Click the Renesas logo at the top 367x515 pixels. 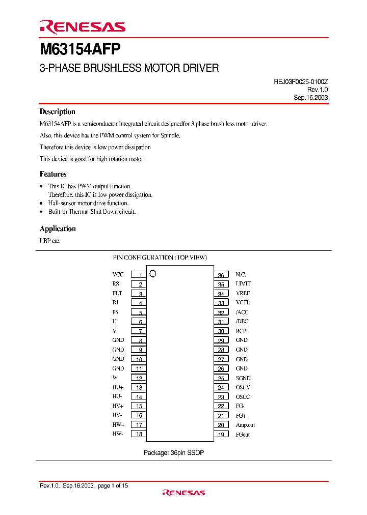click(82, 27)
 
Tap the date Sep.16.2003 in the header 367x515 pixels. click(310, 97)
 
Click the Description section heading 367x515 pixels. click(58, 112)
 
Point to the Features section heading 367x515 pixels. click(53, 174)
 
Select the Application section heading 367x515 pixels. click(58, 229)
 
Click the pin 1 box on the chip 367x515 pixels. click(139, 275)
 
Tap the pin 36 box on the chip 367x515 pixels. click(221, 275)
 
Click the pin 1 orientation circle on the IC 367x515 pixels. click(152, 273)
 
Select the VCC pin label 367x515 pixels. click(118, 274)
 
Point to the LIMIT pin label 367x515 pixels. click(243, 284)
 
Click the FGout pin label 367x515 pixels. click(243, 435)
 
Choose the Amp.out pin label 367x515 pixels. click(245, 425)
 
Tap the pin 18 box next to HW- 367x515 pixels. click(139, 435)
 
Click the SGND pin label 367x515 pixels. click(243, 378)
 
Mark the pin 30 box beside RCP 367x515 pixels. click(221, 331)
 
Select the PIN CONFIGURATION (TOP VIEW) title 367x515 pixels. click(160, 257)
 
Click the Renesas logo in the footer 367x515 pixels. click(183, 493)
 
